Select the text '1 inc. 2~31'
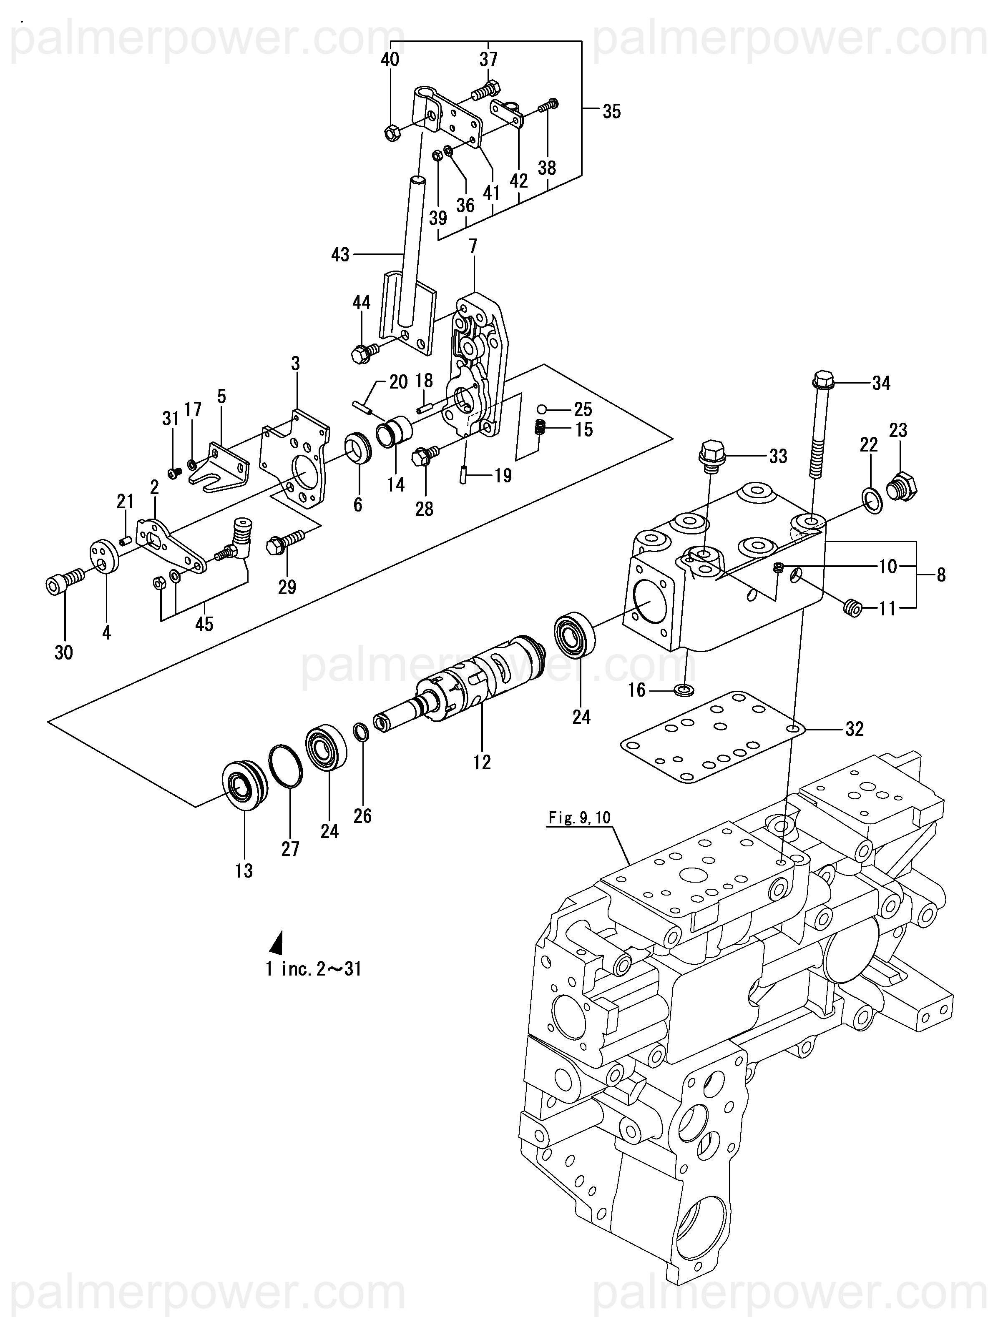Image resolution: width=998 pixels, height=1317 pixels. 314,969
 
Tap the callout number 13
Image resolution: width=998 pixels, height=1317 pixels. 244,870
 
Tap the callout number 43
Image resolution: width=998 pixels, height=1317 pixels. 340,255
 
